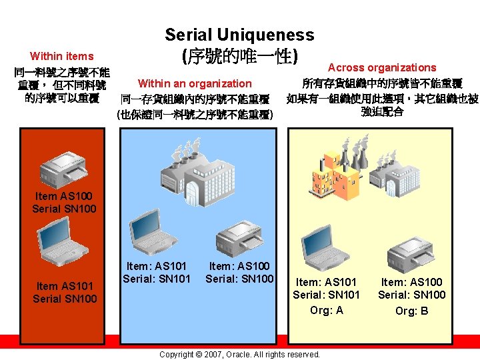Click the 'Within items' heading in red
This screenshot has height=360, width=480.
(x=62, y=56)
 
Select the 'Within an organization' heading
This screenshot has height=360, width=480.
(x=195, y=83)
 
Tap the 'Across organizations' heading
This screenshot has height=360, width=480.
(x=382, y=67)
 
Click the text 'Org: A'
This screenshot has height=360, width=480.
(x=327, y=310)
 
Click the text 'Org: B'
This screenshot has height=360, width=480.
(x=412, y=311)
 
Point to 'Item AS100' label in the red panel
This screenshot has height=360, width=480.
(x=64, y=196)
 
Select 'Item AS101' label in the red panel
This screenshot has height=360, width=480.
(x=64, y=285)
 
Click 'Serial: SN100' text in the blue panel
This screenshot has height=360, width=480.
(x=239, y=278)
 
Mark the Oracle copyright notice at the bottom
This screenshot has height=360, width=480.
(x=239, y=354)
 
